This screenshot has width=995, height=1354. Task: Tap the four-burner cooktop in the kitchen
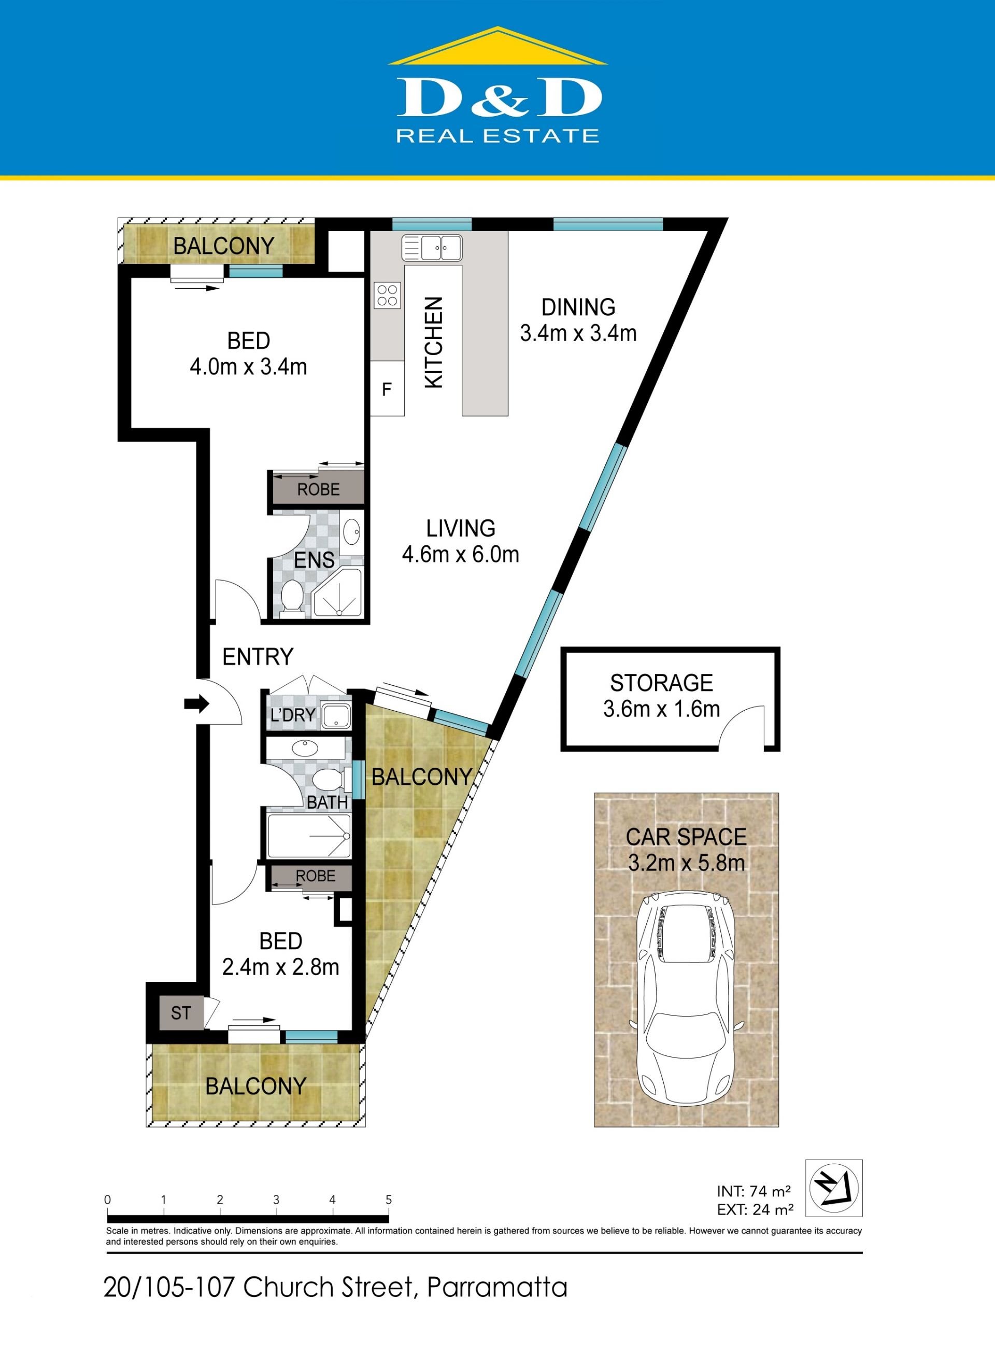(x=387, y=295)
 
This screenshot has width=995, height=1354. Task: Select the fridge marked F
(x=387, y=388)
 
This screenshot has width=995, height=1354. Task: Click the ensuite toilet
(x=292, y=598)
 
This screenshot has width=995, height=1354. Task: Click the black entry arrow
(x=196, y=703)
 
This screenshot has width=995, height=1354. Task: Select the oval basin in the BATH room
(x=305, y=749)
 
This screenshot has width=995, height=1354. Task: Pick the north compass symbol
(x=834, y=1188)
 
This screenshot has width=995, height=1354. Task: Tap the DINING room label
(x=578, y=307)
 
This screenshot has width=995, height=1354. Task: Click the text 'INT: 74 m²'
(x=754, y=1191)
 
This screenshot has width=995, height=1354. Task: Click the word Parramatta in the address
(x=497, y=1287)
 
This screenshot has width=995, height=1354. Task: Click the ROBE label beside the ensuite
(x=318, y=490)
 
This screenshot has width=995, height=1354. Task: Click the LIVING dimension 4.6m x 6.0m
(x=460, y=554)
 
